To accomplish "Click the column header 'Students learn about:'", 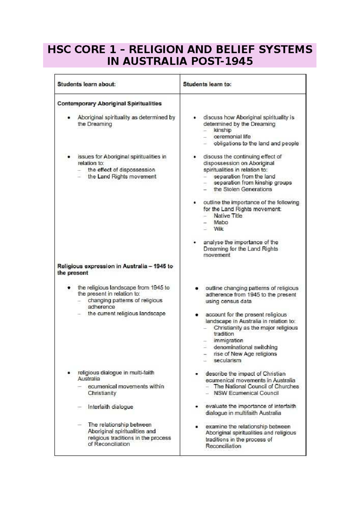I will [x=86, y=84].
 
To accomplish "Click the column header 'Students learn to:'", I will [x=207, y=84].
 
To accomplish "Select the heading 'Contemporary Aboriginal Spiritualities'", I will [x=109, y=104].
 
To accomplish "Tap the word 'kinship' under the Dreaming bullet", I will [x=222, y=130].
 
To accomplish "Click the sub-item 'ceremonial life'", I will [x=232, y=137].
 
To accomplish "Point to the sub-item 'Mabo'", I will [x=221, y=222].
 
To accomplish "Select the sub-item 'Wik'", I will [x=218, y=229].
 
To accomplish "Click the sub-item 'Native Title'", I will [x=228, y=216].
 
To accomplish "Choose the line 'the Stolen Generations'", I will [x=242, y=189].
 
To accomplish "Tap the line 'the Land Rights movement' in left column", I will [x=122, y=177].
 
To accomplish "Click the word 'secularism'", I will [x=227, y=360].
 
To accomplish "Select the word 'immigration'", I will [x=228, y=341].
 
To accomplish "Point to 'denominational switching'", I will [x=245, y=347].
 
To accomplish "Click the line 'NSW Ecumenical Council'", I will [x=246, y=393].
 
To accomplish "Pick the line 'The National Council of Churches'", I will [x=256, y=387].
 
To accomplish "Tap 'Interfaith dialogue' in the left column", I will [x=110, y=407].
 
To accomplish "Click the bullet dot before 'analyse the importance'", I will [x=195, y=242].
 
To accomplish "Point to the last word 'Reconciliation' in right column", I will [x=223, y=446].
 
